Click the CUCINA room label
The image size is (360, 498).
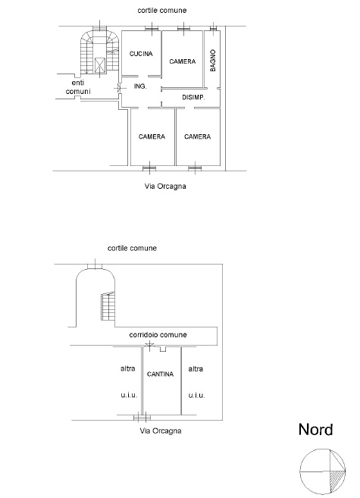click(x=141, y=54)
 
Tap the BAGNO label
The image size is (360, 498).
click(x=213, y=61)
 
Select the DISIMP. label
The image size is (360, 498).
click(x=193, y=97)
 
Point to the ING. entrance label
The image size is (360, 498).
click(x=140, y=86)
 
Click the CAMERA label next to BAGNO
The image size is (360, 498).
click(x=182, y=61)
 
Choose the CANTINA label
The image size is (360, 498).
click(x=161, y=374)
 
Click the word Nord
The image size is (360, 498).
click(x=315, y=429)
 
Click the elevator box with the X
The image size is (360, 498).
click(x=100, y=65)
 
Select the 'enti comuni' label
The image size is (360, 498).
click(x=78, y=87)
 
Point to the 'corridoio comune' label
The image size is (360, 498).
click(x=158, y=335)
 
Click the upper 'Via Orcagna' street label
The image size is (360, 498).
click(x=165, y=186)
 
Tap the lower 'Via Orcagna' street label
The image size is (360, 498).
click(x=161, y=431)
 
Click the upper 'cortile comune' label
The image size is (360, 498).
click(x=162, y=10)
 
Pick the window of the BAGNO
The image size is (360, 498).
click(x=213, y=28)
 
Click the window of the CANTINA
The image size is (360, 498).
click(x=142, y=418)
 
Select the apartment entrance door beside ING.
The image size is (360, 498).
click(x=119, y=88)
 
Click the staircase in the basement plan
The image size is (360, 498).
click(x=108, y=306)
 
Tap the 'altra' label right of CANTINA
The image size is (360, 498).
click(x=196, y=369)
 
